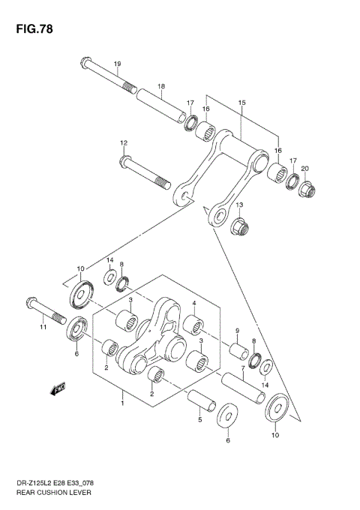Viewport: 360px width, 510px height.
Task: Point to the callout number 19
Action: pos(117,63)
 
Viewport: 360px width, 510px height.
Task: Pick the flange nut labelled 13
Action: pos(241,226)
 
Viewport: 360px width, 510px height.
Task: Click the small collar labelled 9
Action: pos(239,351)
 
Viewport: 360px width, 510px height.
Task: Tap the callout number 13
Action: pos(240,205)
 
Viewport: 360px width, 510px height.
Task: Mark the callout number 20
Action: pos(304,169)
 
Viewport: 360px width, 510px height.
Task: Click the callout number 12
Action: pos(124,142)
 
